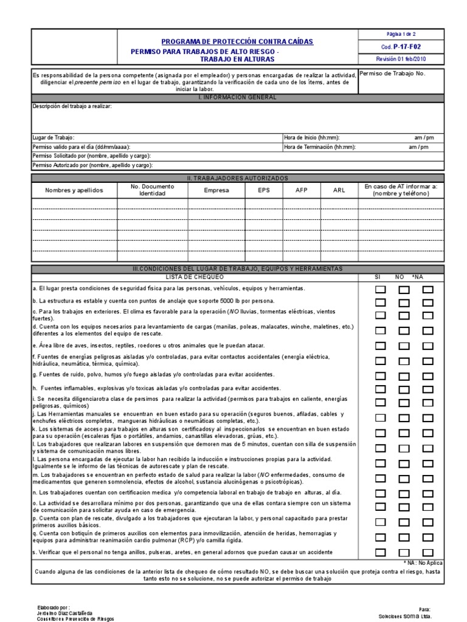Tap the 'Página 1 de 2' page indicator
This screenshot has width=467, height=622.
click(x=401, y=34)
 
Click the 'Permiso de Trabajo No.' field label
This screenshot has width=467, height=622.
click(x=393, y=73)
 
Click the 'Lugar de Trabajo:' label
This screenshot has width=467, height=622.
click(x=54, y=138)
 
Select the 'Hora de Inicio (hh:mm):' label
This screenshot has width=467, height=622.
click(x=312, y=138)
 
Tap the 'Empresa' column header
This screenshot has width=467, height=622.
click(x=217, y=190)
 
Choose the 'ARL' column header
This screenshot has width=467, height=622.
click(x=339, y=190)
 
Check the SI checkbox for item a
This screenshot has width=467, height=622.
click(x=380, y=289)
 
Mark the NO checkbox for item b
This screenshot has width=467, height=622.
click(x=404, y=302)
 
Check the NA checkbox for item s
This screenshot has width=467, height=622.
click(x=428, y=552)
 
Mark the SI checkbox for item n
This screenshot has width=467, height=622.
click(x=380, y=494)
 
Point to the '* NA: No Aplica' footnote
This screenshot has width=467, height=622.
click(x=423, y=563)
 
